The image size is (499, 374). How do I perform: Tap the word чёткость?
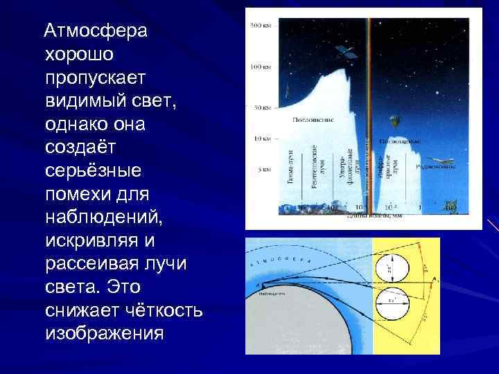tap(156, 310)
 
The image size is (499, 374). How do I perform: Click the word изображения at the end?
tap(104, 333)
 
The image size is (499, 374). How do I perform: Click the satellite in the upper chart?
tap(344, 51)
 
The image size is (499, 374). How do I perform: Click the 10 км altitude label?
tap(263, 139)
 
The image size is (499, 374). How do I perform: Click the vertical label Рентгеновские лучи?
tap(319, 167)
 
